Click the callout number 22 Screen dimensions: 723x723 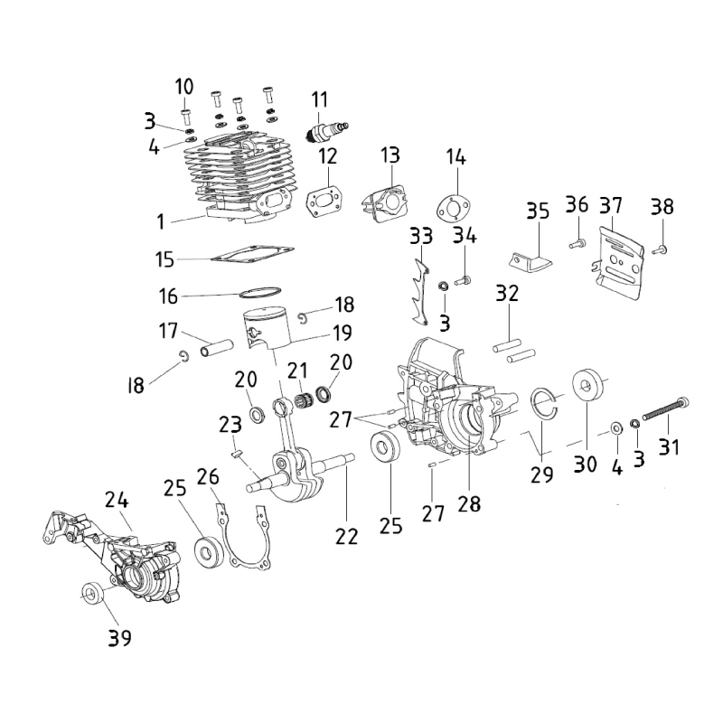(x=347, y=536)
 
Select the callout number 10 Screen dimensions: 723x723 (x=184, y=87)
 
